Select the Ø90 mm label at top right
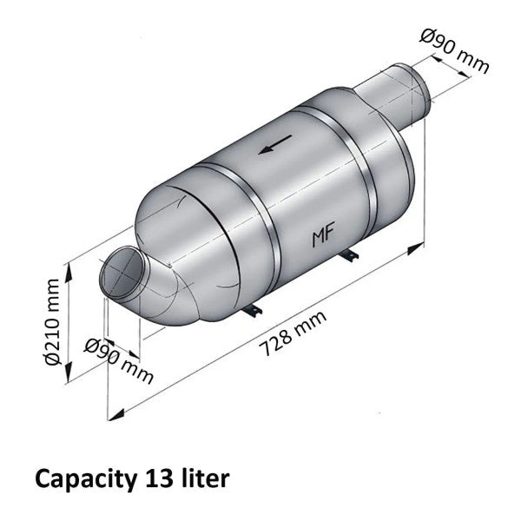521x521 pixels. tap(454, 51)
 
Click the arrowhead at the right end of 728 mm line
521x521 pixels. tap(411, 250)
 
